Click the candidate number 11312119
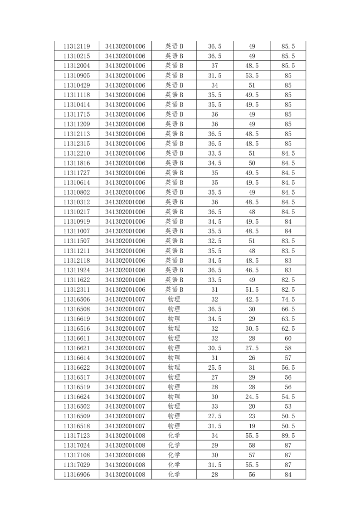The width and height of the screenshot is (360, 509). pos(77,46)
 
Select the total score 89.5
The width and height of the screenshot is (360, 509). pos(288,436)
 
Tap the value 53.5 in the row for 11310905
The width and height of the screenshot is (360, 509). pos(252,75)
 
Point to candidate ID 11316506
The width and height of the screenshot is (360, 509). pos(77,299)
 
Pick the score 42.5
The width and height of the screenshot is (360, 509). pos(252,299)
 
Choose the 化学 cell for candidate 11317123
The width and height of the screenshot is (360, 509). pos(174,436)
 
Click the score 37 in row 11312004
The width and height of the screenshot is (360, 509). pos(215,66)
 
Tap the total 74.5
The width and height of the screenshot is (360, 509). pos(288,299)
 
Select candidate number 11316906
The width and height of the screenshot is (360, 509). pos(77,475)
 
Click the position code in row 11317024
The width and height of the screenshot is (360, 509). pos(125,445)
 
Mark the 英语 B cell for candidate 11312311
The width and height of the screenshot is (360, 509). pos(174,289)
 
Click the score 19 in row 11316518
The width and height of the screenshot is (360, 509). pos(252,426)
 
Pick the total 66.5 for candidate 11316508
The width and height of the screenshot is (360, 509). pos(288,309)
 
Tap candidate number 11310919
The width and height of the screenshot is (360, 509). pos(77,221)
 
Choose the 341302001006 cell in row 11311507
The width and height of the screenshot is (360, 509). pos(125,241)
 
